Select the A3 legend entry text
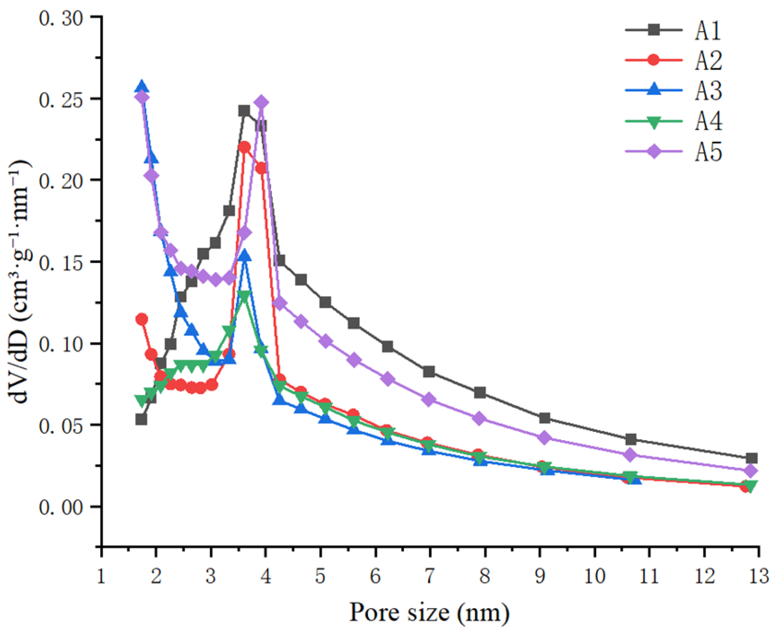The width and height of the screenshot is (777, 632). tap(708, 91)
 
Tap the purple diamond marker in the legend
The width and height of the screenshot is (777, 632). tap(654, 151)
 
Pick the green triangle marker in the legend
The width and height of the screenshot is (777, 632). tap(654, 122)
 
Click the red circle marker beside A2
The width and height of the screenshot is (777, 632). tap(654, 60)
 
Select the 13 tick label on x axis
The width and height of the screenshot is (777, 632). tap(758, 576)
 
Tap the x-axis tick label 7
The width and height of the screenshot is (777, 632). tap(430, 576)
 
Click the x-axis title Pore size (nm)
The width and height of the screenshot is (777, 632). tap(429, 612)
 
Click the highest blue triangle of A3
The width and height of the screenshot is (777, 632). tap(141, 87)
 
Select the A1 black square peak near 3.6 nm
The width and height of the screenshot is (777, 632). tap(244, 111)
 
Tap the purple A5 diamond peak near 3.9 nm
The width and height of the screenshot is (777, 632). tap(261, 102)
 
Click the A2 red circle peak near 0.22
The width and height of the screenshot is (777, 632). tap(244, 147)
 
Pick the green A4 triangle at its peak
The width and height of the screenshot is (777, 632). tap(244, 296)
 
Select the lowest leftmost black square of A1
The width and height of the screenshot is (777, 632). tap(141, 420)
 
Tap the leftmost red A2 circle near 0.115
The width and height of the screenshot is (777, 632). tap(142, 319)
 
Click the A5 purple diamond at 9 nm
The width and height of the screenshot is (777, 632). tap(545, 438)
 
